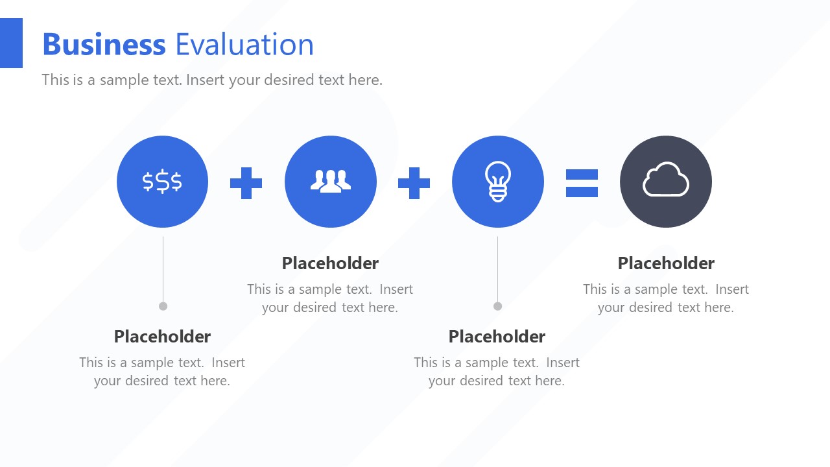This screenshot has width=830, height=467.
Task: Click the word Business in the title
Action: click(x=104, y=45)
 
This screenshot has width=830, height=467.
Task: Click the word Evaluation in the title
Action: click(x=244, y=45)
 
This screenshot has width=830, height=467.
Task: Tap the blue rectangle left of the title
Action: click(x=11, y=43)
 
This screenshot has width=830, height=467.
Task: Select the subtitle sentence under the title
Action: click(x=212, y=80)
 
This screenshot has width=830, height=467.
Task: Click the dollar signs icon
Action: click(x=162, y=182)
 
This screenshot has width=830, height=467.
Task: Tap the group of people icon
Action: click(x=331, y=181)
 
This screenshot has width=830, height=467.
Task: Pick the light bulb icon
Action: click(x=498, y=181)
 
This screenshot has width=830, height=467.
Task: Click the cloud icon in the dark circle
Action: click(x=666, y=180)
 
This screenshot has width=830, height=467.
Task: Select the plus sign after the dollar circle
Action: click(x=246, y=183)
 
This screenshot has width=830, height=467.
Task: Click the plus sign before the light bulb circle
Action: click(x=414, y=183)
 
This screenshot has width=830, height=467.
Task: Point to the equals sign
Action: click(x=582, y=183)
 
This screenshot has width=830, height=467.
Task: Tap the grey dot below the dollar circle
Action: click(x=163, y=306)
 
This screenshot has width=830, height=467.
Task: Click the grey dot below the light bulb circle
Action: click(x=497, y=306)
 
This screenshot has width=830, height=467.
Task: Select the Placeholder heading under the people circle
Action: click(x=330, y=263)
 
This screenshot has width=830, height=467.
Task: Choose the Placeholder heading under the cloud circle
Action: click(x=666, y=263)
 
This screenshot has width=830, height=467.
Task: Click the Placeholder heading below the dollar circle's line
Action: click(x=162, y=337)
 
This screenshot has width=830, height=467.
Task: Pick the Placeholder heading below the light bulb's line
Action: click(x=497, y=337)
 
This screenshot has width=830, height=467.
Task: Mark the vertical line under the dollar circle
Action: click(x=163, y=269)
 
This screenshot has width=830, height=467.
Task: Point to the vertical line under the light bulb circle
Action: click(x=497, y=269)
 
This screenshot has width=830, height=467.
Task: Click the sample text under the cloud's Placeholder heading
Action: click(x=666, y=298)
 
